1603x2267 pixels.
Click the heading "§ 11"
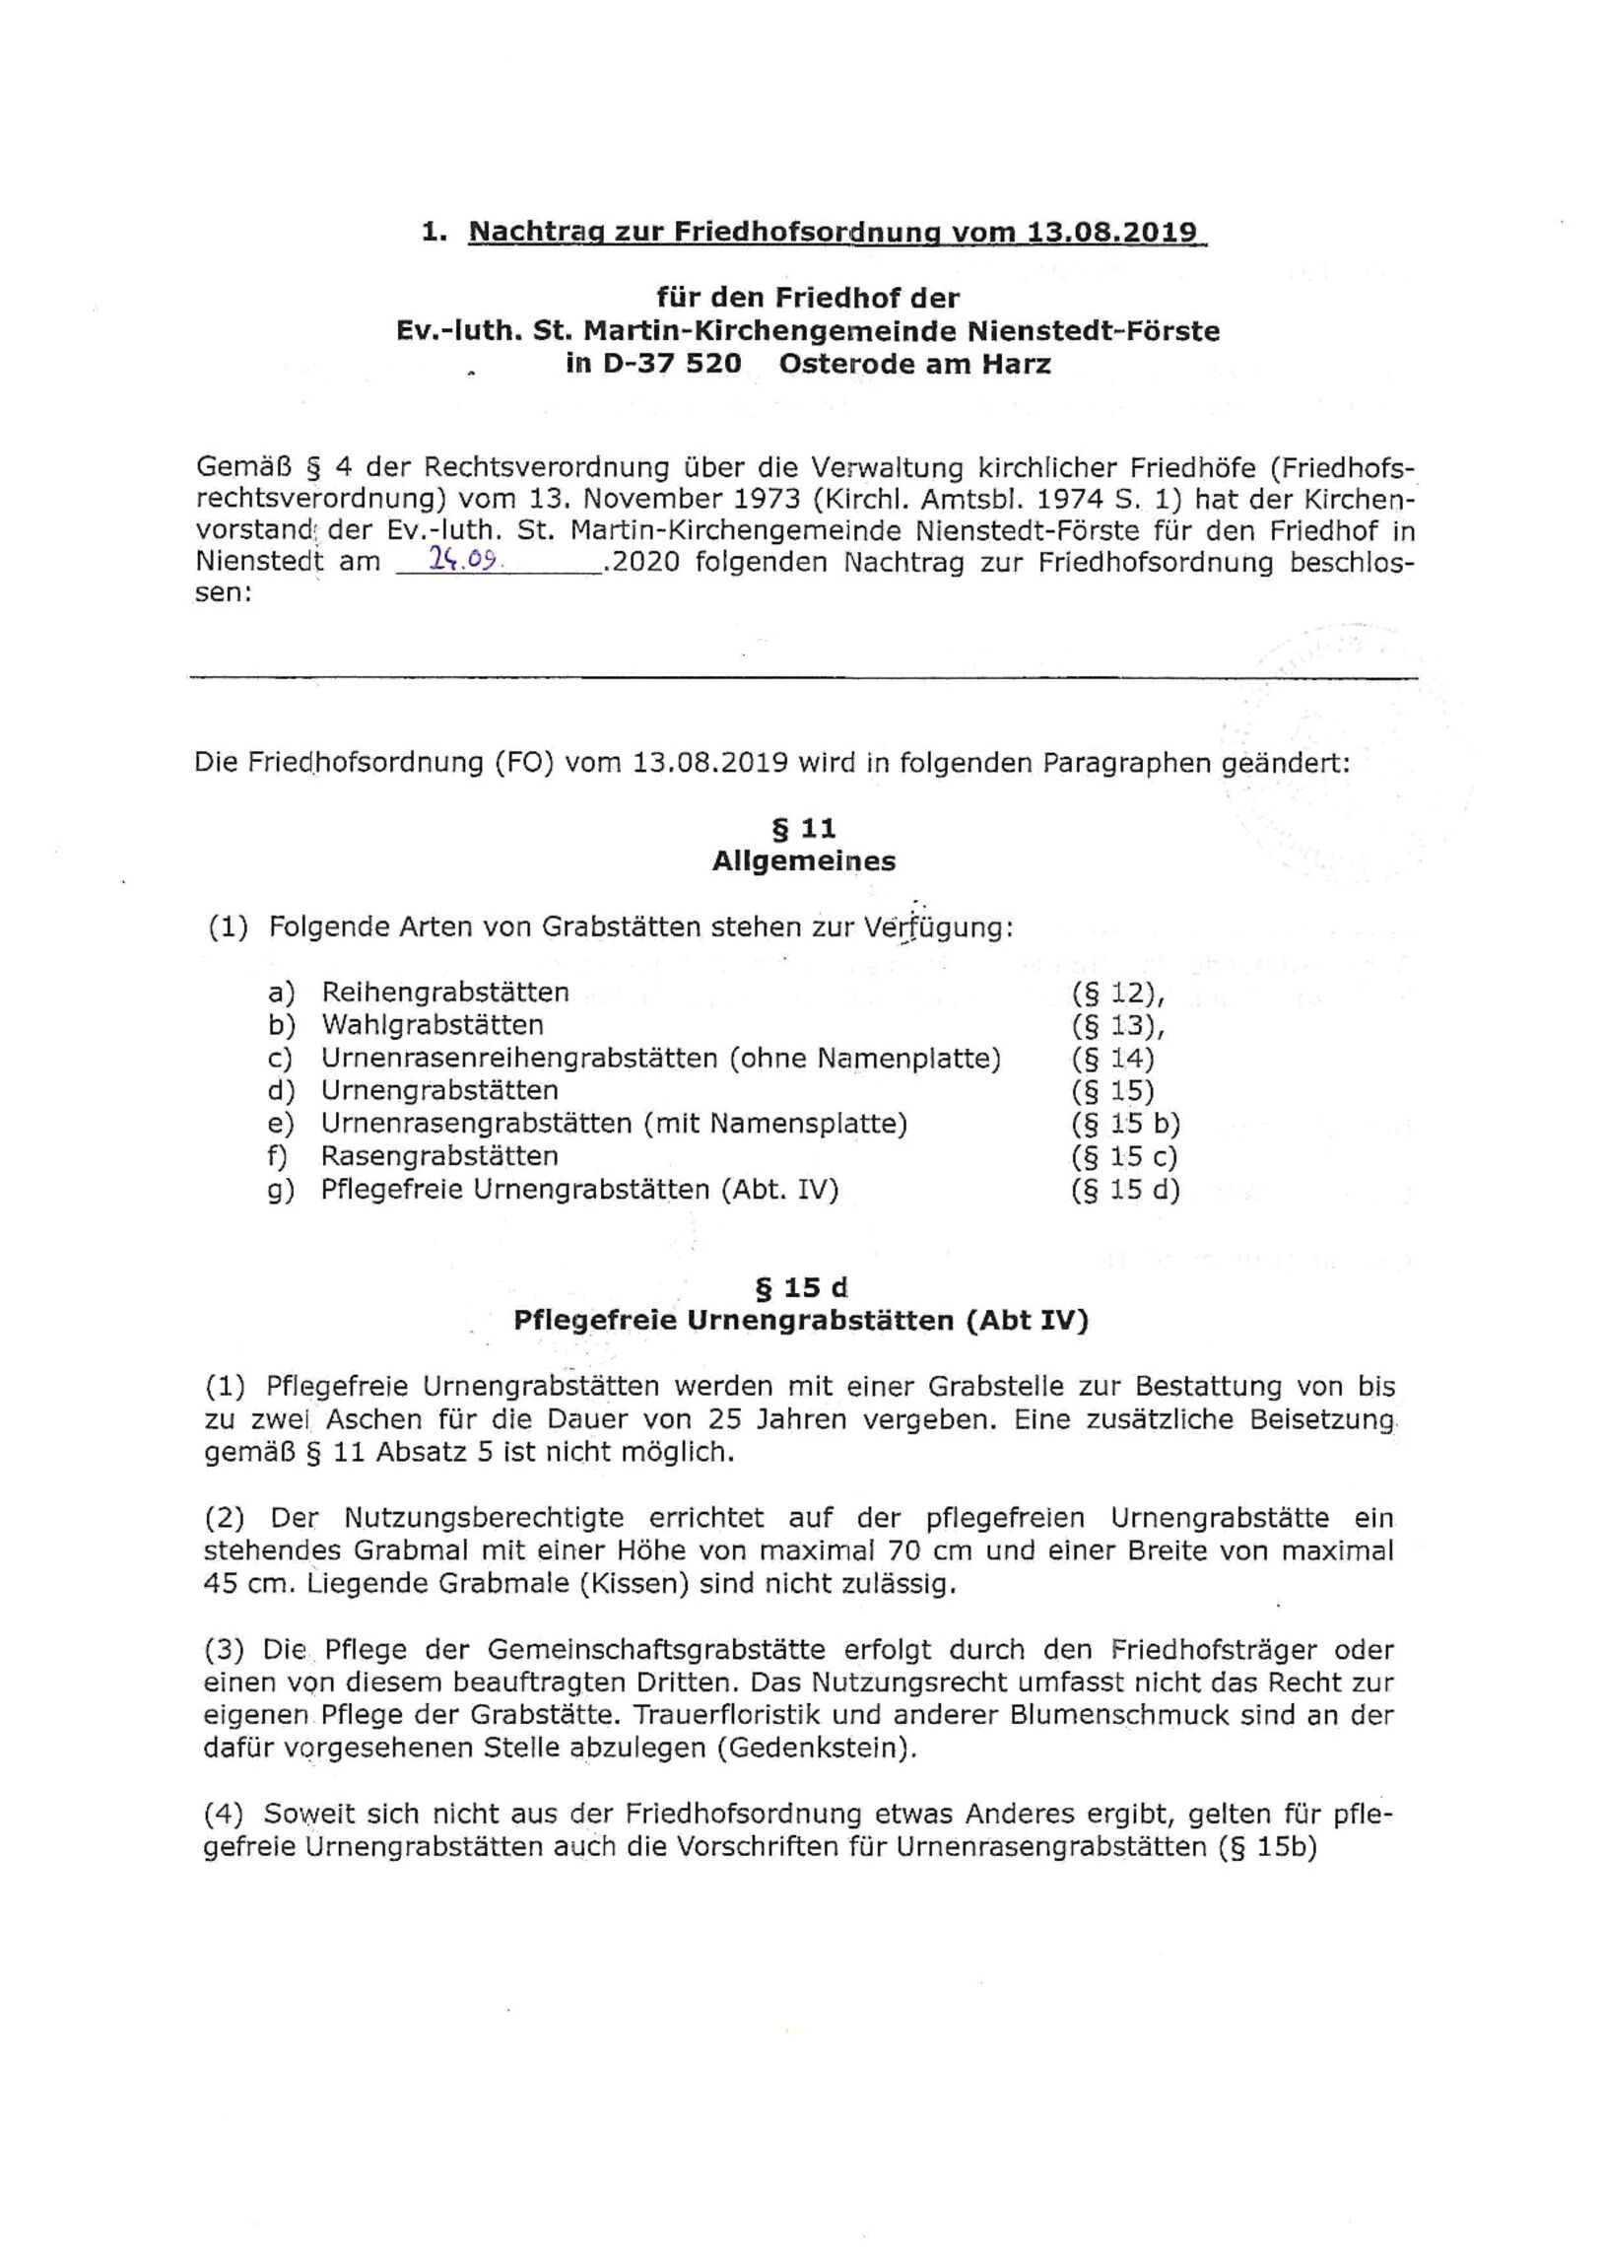804,827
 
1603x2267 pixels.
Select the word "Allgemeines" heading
804,861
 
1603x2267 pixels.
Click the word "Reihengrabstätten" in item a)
445,993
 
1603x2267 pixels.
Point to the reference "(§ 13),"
1117,1026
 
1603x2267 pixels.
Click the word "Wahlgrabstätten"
433,1025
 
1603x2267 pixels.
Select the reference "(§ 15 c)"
1123,1156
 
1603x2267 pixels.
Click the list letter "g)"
282,1190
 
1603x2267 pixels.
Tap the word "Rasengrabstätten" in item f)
439,1156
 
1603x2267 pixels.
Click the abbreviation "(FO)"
524,763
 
